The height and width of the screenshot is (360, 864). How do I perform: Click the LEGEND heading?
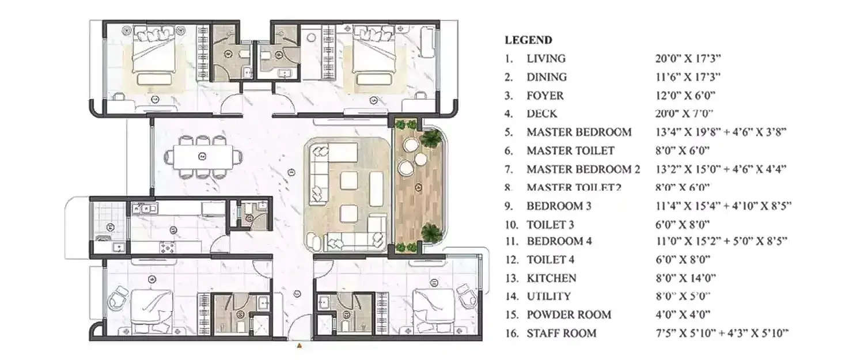[x=528, y=40]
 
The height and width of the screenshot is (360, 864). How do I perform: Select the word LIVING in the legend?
[x=546, y=59]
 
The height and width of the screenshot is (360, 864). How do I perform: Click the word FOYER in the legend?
[x=545, y=96]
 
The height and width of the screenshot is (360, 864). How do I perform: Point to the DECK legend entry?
[x=542, y=114]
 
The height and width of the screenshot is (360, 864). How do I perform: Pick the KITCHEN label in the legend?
[x=551, y=278]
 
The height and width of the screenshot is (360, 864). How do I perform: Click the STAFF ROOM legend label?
[x=562, y=334]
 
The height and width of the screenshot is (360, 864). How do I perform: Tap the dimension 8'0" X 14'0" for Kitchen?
[x=685, y=278]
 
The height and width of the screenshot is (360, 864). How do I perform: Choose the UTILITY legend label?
[x=549, y=297]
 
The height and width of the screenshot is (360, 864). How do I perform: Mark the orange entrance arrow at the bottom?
[x=299, y=347]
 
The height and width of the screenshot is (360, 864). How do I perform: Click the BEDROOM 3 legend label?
[x=559, y=206]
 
